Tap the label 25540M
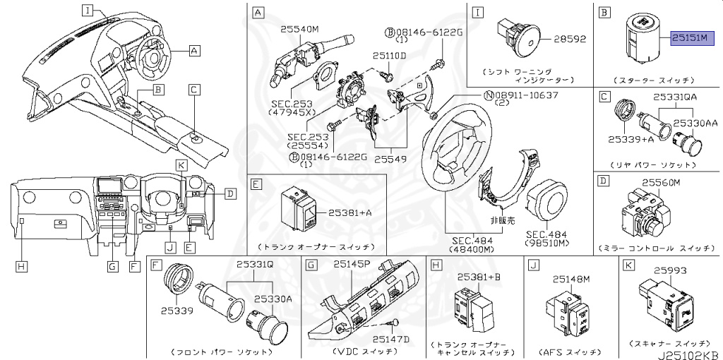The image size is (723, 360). pos(300,30)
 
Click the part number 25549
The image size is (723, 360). pos(390,160)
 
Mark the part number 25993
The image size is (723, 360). pos(670,270)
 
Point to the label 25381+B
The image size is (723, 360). pos(478,276)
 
